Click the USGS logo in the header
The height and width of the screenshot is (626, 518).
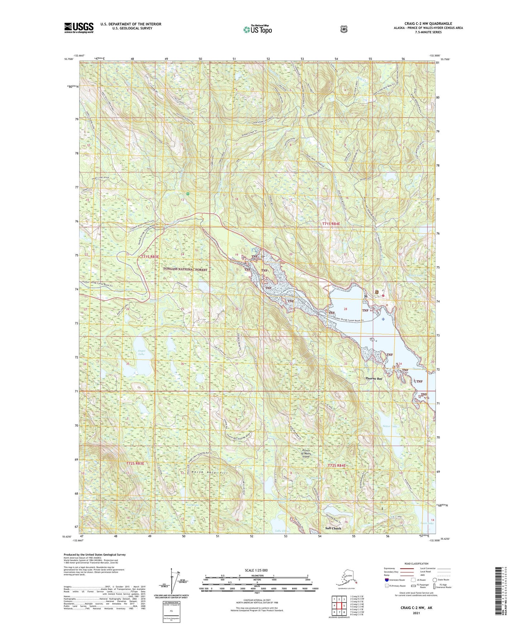pyautogui.click(x=79, y=28)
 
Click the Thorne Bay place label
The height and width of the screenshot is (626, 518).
pyautogui.click(x=374, y=378)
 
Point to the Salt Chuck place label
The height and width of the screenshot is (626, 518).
pyautogui.click(x=333, y=528)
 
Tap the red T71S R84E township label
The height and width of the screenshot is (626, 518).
pyautogui.click(x=331, y=224)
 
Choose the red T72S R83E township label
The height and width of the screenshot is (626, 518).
pyautogui.click(x=135, y=464)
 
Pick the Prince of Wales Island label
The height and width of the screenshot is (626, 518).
pyautogui.click(x=306, y=454)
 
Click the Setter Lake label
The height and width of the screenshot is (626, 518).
pyautogui.click(x=390, y=426)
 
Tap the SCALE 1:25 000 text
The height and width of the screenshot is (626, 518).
pyautogui.click(x=256, y=570)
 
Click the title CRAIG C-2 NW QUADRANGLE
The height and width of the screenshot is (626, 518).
pyautogui.click(x=428, y=24)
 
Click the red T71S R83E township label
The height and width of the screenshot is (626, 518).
pyautogui.click(x=149, y=257)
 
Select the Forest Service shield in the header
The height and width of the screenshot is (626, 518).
pyautogui.click(x=343, y=29)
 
